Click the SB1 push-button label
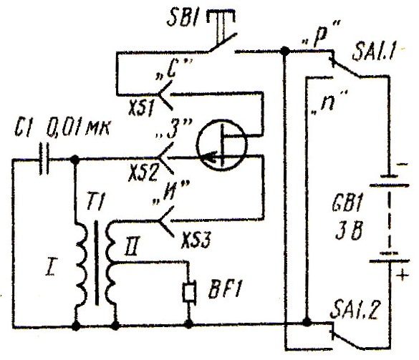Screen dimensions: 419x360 [183, 18]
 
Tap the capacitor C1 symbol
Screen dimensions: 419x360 [44, 159]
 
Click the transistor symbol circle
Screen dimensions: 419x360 [222, 145]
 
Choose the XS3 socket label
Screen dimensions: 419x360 [196, 240]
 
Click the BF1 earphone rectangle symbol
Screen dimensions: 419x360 [190, 293]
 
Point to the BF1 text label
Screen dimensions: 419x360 [223, 289]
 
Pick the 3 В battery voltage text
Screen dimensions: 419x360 [349, 230]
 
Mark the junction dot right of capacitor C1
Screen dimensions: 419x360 [75, 160]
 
